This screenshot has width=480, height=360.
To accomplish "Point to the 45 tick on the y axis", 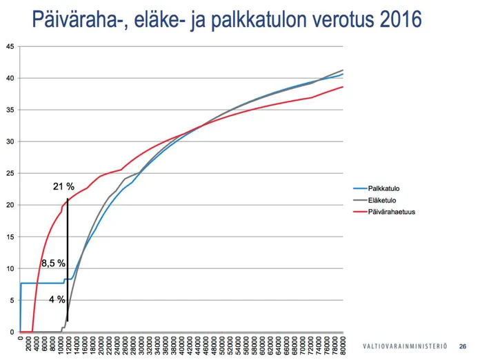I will (x=9, y=47).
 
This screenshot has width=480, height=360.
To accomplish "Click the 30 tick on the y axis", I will (x=9, y=141).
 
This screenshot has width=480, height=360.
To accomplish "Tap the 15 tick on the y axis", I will (x=9, y=237).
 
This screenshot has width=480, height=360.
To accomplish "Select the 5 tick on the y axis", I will (x=10, y=301).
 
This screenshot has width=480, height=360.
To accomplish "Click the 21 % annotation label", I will (x=63, y=187).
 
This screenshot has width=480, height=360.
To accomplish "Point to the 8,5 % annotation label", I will (x=53, y=263).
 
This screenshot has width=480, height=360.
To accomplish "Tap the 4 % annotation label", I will (x=57, y=299).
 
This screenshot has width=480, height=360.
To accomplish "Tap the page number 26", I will (x=463, y=346).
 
